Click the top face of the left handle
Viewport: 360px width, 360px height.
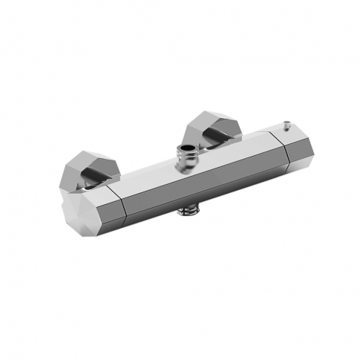tap(93, 192)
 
